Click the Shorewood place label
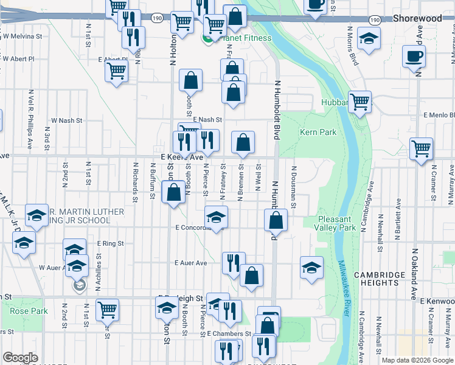pyautogui.click(x=417, y=19)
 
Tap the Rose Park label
pyautogui.click(x=29, y=311)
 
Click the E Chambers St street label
pyautogui.click(x=229, y=334)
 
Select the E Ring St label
pyautogui.click(x=110, y=243)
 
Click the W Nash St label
pyautogui.click(x=67, y=120)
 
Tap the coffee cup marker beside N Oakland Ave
pyautogui.click(x=414, y=56)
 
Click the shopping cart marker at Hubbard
pyautogui.click(x=360, y=101)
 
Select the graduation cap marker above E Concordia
pyautogui.click(x=216, y=215)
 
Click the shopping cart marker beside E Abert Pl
pyautogui.click(x=116, y=70)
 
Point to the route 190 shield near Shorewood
pyautogui.click(x=375, y=20)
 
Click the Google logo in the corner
pyautogui.click(x=20, y=358)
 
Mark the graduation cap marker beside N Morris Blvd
pyautogui.click(x=369, y=39)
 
